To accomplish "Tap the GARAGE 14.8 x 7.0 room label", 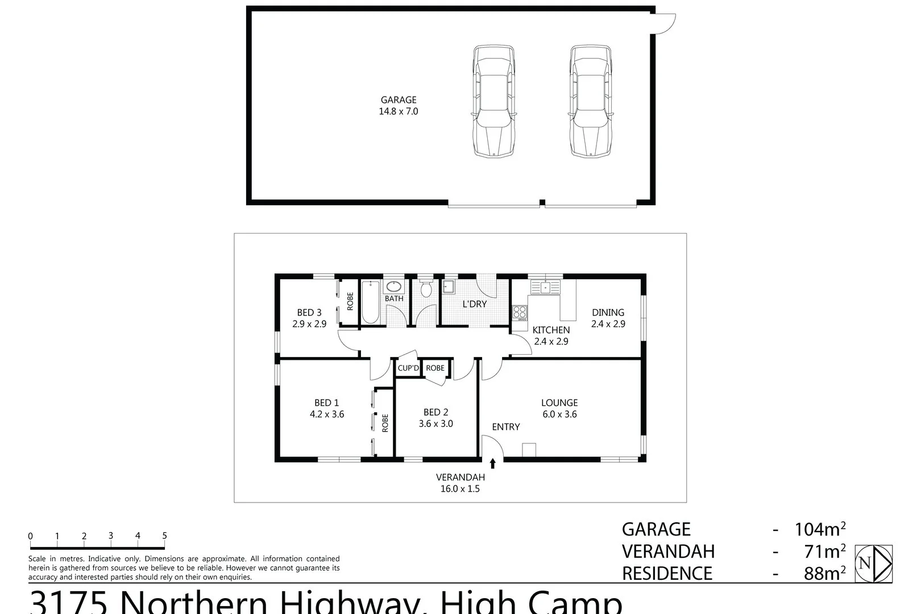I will click(399, 106).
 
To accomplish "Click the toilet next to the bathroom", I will click(425, 289).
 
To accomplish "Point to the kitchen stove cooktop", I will click(520, 312).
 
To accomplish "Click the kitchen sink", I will click(545, 287).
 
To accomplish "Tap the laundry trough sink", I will click(449, 286).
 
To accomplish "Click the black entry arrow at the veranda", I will click(492, 463).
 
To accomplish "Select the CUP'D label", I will click(408, 368).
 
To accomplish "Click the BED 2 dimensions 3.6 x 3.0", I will click(436, 424).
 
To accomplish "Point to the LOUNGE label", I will click(559, 403).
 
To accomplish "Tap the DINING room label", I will click(608, 312).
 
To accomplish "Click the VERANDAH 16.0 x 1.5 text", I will click(458, 483).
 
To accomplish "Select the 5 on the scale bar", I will click(164, 536).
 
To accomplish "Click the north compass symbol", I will click(874, 563).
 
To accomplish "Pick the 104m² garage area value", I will click(819, 529).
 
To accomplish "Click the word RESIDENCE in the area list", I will click(667, 573).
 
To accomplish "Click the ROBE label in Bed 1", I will click(385, 423).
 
